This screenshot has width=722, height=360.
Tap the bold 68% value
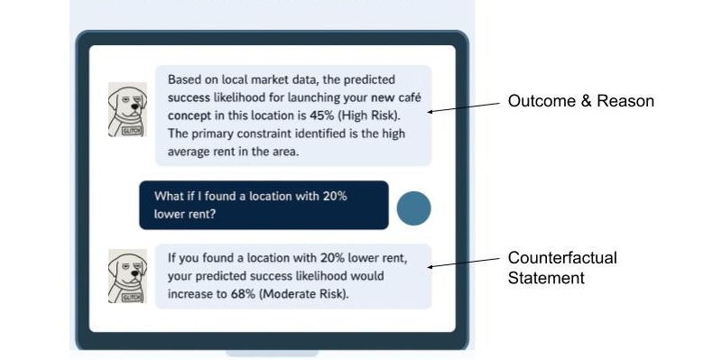238,294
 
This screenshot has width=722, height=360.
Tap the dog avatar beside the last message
127,275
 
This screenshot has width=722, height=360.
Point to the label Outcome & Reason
580,101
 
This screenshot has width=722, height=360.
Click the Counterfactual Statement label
561,268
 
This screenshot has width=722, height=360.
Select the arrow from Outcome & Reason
464,107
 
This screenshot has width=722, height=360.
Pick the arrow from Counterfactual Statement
464,263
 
